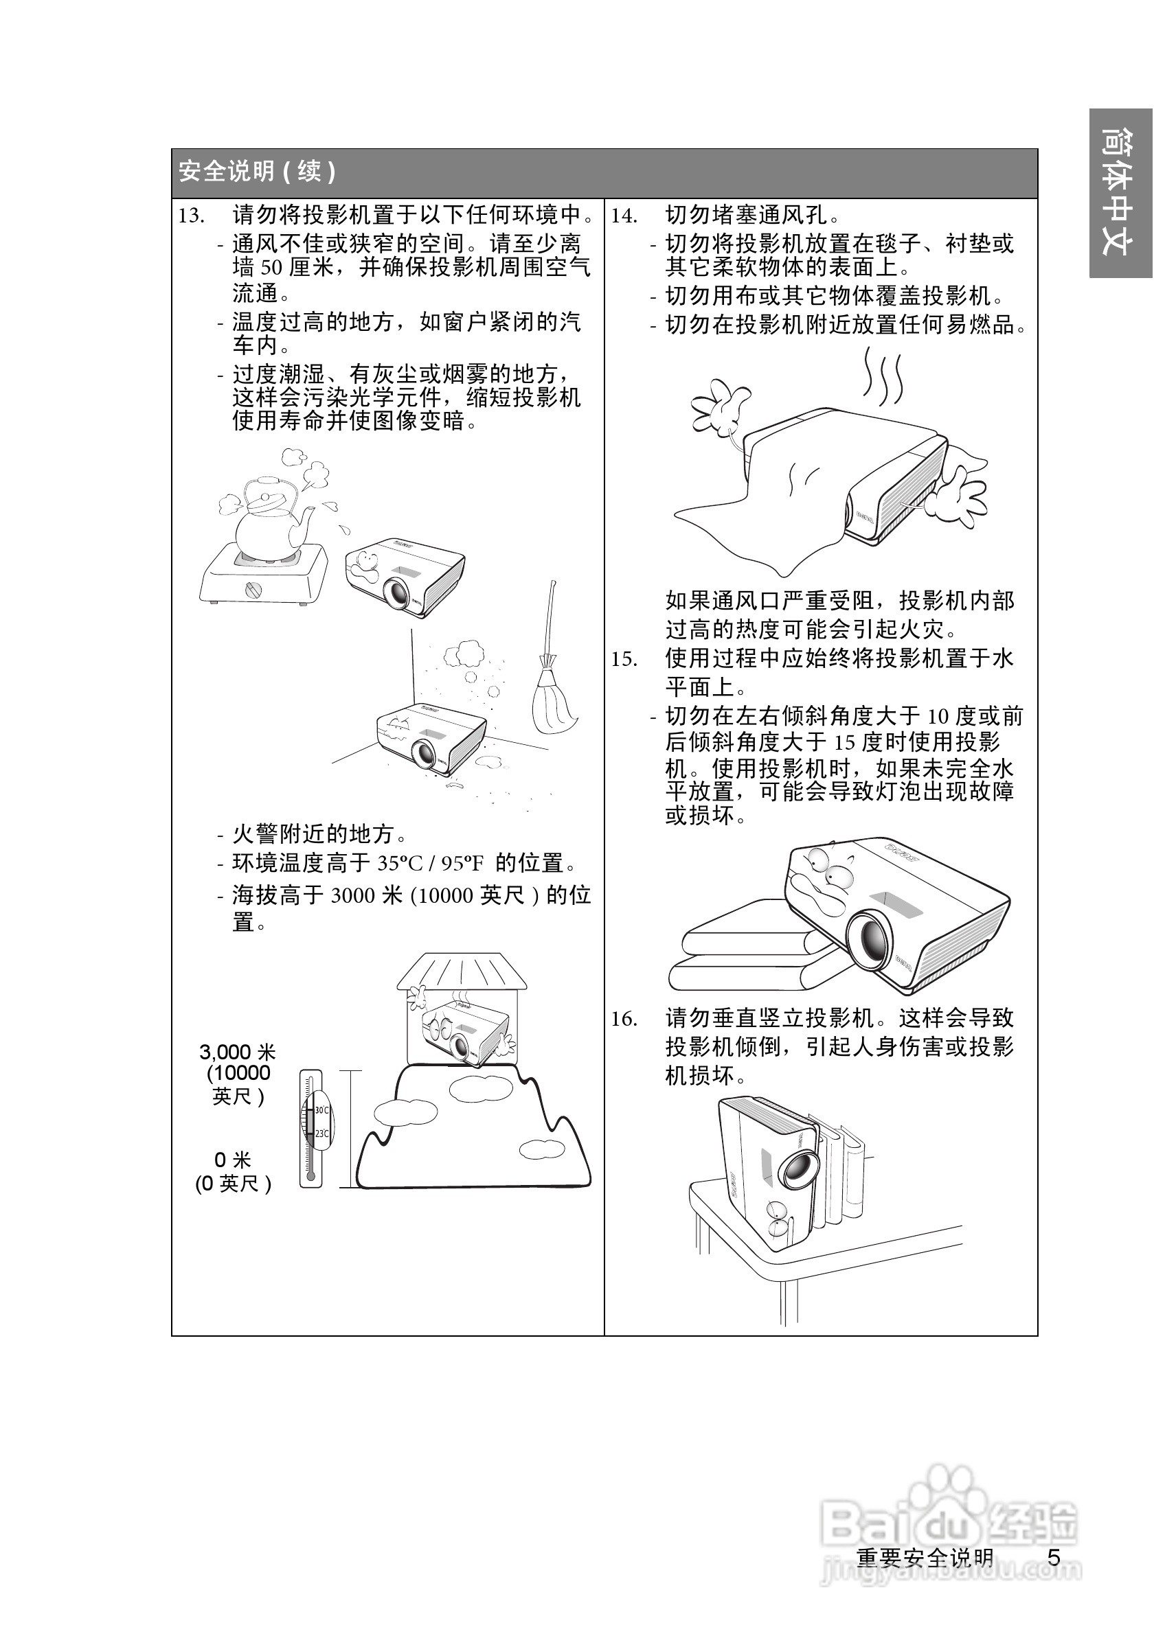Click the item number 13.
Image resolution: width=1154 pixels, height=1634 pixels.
coord(191,216)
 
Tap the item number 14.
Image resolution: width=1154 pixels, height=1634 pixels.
coord(624,216)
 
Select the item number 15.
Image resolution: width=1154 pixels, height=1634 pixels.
coord(624,659)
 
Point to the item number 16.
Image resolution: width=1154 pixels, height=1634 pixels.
coord(624,1019)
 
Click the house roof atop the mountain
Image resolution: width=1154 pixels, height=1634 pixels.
coord(462,971)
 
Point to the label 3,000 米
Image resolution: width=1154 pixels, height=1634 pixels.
coord(237,1052)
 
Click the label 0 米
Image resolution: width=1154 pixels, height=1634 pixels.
coord(233,1160)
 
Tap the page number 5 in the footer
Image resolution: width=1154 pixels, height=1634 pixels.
coord(1054,1558)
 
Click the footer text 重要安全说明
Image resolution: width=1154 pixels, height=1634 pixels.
coord(925,1558)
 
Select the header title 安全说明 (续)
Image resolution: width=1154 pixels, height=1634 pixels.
coord(256,172)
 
